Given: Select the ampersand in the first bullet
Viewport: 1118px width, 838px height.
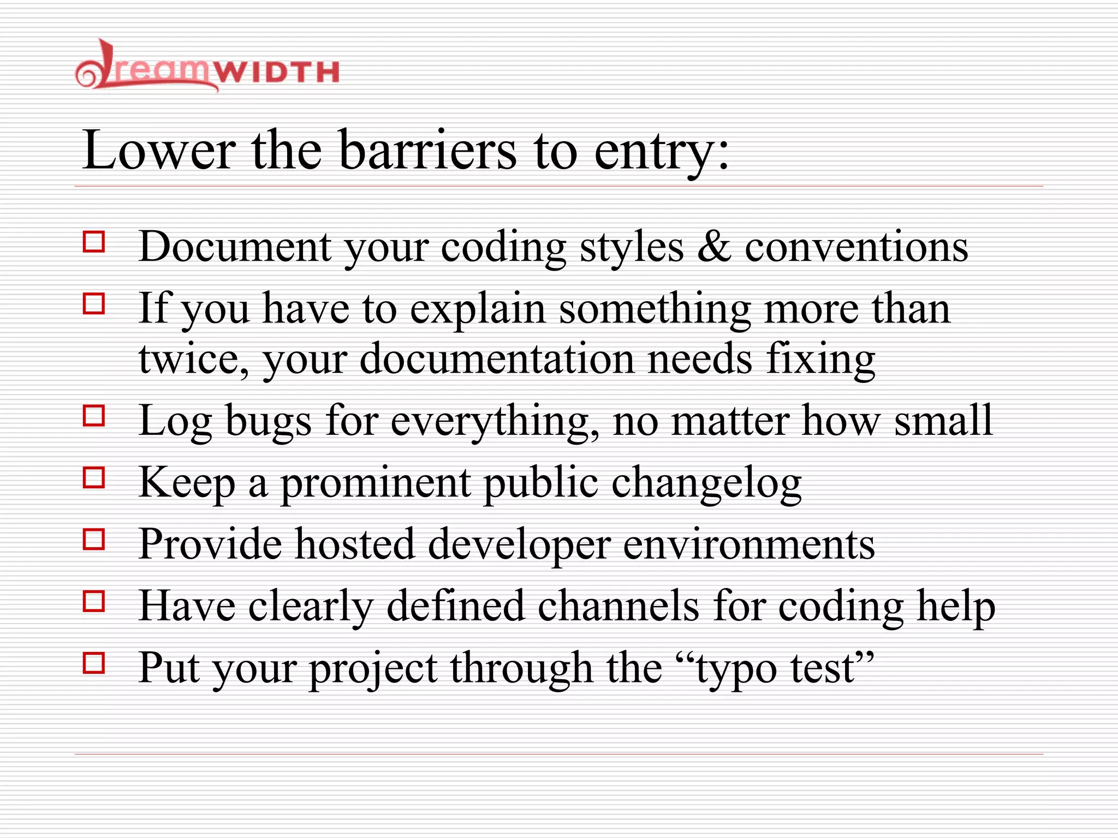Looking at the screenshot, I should point(714,247).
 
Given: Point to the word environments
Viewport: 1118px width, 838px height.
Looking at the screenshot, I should point(749,545).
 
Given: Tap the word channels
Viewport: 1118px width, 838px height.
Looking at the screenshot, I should point(619,606).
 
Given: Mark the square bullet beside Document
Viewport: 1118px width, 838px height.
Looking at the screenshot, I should point(94,241).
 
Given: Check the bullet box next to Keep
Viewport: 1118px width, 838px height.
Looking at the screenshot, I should point(94,478).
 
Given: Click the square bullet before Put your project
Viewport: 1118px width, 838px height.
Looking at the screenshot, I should point(94,663).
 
